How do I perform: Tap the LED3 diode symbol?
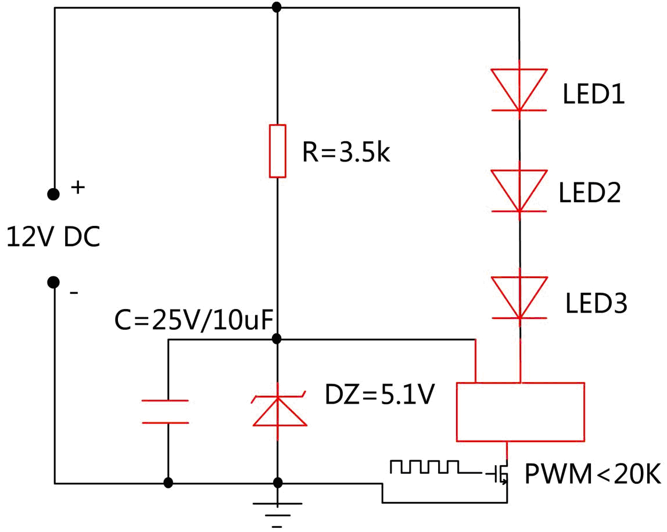coord(519,297)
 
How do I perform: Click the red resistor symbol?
coord(277,150)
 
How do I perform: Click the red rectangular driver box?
coord(520,412)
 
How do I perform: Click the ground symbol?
coord(278,511)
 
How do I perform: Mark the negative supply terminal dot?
coord(53,282)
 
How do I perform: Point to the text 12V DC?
coord(53,238)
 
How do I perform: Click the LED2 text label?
coord(590,193)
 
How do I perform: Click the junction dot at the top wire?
coord(277,8)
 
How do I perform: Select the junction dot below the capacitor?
coord(168,483)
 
